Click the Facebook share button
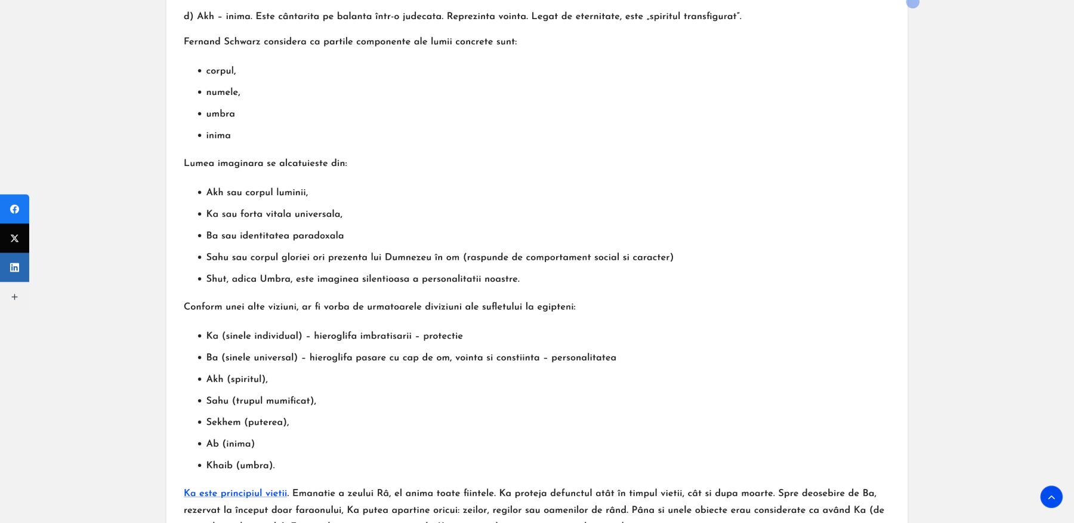(x=14, y=209)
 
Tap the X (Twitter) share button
(x=14, y=238)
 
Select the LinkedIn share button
(x=14, y=267)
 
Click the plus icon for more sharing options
(x=14, y=297)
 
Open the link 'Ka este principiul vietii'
(x=235, y=493)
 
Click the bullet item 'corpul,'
(x=221, y=71)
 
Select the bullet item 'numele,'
(x=223, y=93)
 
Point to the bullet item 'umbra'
(x=220, y=114)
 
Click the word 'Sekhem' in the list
(x=223, y=422)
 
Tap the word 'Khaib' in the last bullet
(x=219, y=466)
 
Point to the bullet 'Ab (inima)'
(x=230, y=444)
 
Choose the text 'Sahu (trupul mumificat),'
(x=261, y=401)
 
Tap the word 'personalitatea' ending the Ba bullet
(x=584, y=358)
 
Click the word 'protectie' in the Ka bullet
(x=443, y=336)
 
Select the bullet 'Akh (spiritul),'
(x=237, y=379)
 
